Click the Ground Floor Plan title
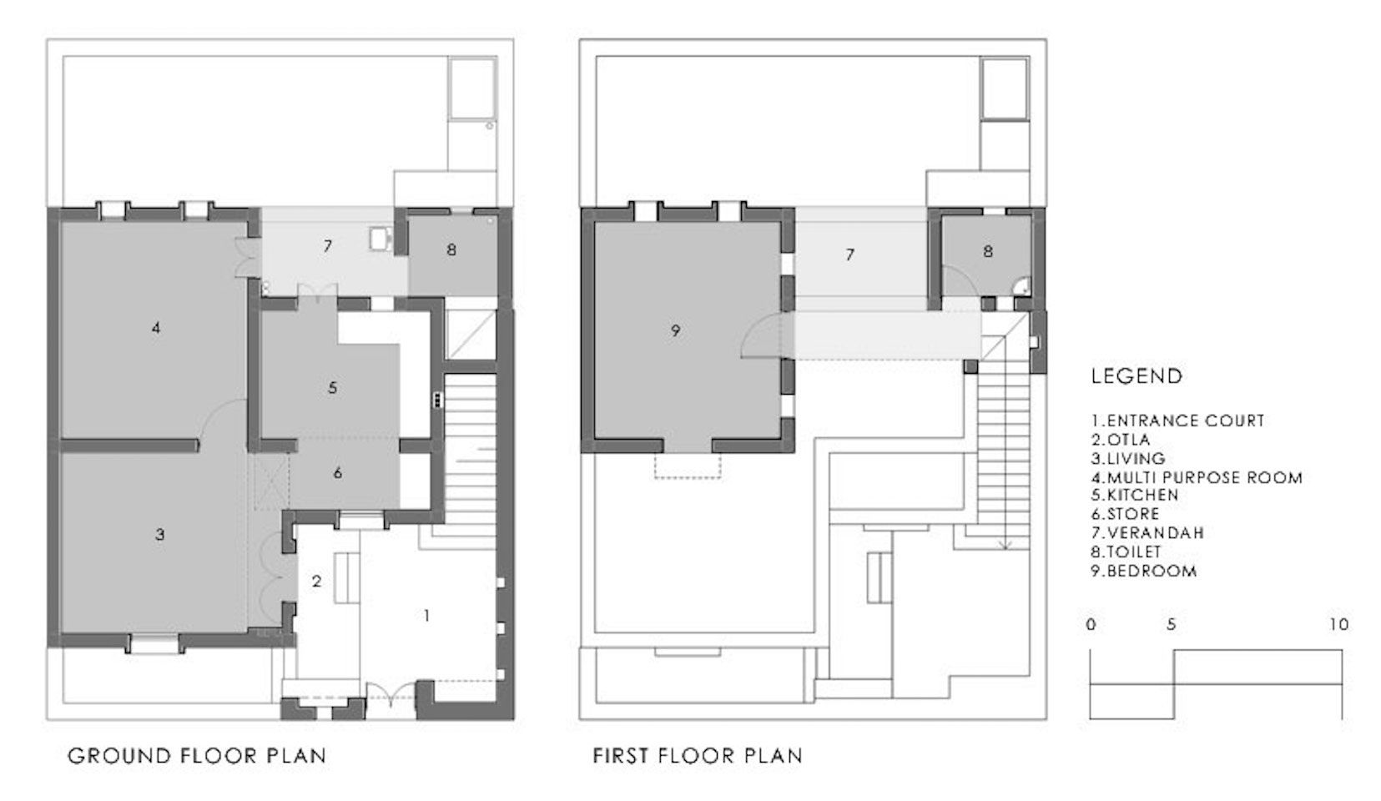coord(197,756)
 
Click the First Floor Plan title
coord(698,756)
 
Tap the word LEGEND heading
coord(1137,376)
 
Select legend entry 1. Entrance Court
coord(1177,421)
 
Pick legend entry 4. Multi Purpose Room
coord(1197,477)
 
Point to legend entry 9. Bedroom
coord(1144,571)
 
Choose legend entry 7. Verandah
coord(1147,533)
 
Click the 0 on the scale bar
coord(1091,625)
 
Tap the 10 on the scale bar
coord(1339,625)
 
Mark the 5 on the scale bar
coord(1171,625)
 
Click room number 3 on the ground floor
coord(159,535)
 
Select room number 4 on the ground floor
coord(156,328)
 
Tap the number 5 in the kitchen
coord(333,388)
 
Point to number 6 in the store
coord(338,473)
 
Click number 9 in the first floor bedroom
coord(676,331)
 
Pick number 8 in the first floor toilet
coord(988,252)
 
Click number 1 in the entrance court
coord(426,616)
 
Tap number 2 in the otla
coord(317,581)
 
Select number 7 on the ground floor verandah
coord(328,246)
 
